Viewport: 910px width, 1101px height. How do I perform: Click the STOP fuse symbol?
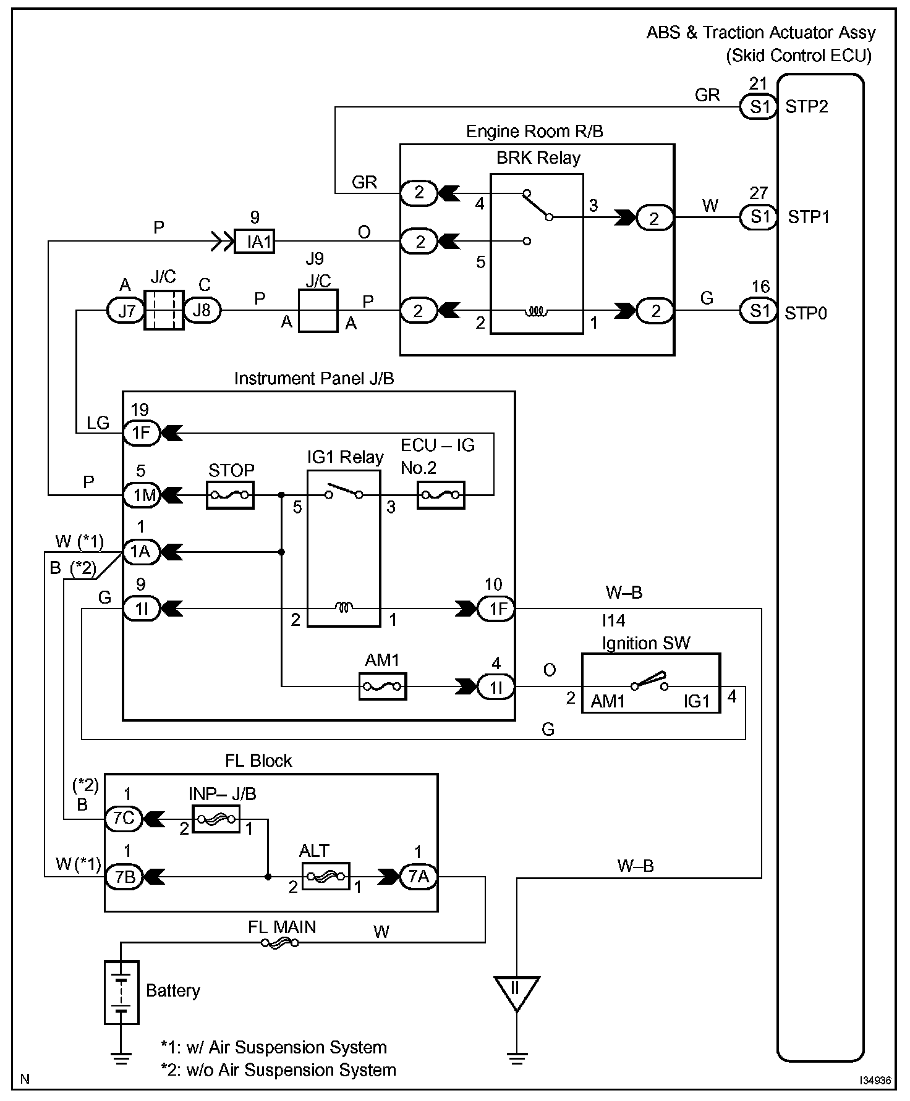pyautogui.click(x=230, y=495)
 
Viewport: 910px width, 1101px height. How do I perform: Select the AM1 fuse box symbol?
pyautogui.click(x=383, y=686)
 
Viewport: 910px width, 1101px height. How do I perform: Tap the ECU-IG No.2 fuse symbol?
pyautogui.click(x=441, y=495)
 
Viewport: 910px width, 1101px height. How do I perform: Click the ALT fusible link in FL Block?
pyautogui.click(x=326, y=877)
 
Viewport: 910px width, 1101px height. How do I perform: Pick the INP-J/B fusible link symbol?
pyautogui.click(x=216, y=819)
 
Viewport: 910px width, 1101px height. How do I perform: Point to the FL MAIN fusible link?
pyautogui.click(x=279, y=943)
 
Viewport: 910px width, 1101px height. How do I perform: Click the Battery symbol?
pyautogui.click(x=122, y=992)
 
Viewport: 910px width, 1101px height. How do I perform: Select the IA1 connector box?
pyautogui.click(x=255, y=241)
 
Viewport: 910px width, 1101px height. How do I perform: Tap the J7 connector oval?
pyautogui.click(x=126, y=310)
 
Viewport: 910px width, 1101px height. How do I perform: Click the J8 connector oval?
pyautogui.click(x=202, y=310)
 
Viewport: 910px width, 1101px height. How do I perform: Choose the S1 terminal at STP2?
pyautogui.click(x=759, y=107)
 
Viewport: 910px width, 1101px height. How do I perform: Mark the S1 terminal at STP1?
pyautogui.click(x=759, y=217)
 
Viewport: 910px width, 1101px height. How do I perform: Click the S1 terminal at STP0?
pyautogui.click(x=759, y=310)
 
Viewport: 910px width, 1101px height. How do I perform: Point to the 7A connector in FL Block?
pyautogui.click(x=419, y=877)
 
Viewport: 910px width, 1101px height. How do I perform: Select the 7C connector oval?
pyautogui.click(x=124, y=819)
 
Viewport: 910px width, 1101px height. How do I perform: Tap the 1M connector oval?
pyautogui.click(x=142, y=495)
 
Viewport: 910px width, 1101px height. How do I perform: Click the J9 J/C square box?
pyautogui.click(x=318, y=310)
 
